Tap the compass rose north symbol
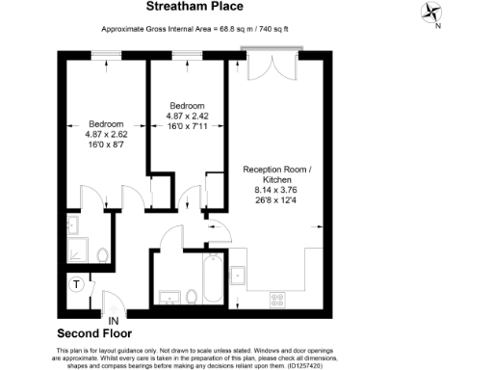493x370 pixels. coord(430,13)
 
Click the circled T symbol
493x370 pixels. coord(77,285)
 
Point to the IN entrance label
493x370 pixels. coord(114,320)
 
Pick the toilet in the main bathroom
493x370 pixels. coord(192,295)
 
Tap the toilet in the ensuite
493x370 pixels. coord(100,256)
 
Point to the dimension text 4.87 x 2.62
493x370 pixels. coord(106,135)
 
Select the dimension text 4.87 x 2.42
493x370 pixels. coord(187,116)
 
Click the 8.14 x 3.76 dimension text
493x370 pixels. coord(277,191)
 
